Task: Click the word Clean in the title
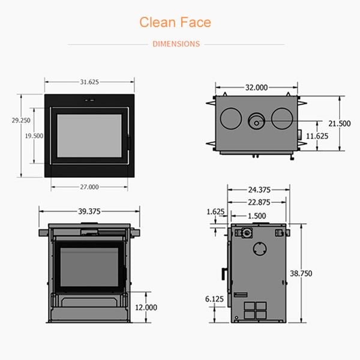(x=158, y=22)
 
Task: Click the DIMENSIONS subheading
(x=176, y=44)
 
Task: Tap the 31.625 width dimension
(x=89, y=82)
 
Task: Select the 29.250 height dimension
(x=21, y=121)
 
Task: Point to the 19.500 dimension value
(x=34, y=136)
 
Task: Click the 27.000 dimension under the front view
(x=89, y=187)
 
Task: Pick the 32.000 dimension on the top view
(x=256, y=88)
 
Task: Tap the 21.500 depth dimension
(x=340, y=124)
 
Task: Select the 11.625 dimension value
(x=317, y=136)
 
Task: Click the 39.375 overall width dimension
(x=89, y=211)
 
